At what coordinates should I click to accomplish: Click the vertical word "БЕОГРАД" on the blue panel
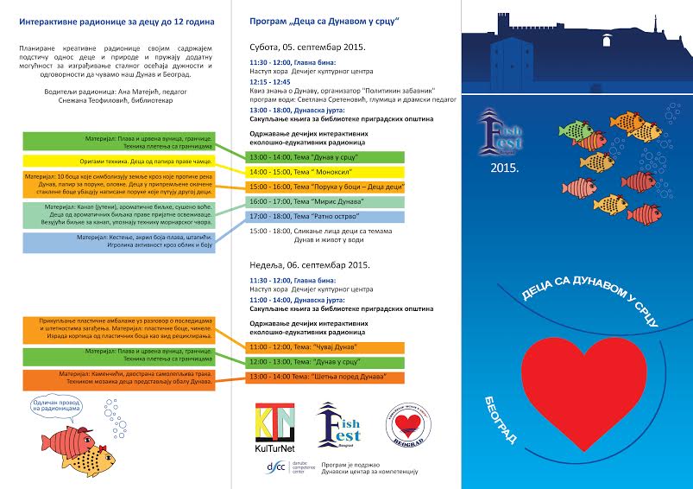click(507, 419)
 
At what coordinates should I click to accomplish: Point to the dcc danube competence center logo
click(277, 467)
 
